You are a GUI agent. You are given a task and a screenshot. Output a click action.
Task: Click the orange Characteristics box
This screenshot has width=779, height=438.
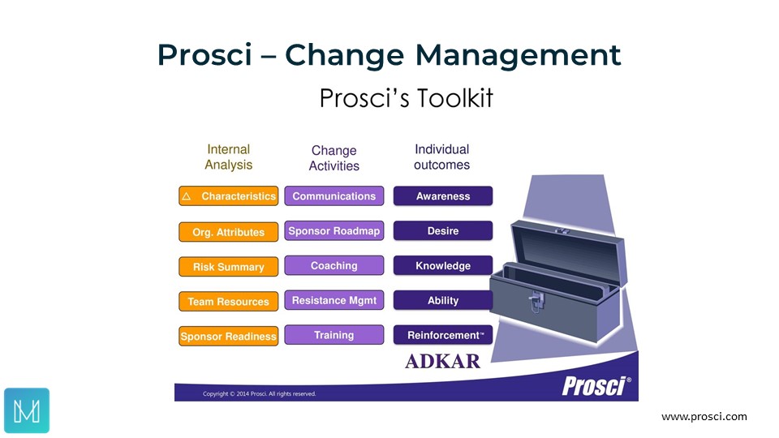[229, 196]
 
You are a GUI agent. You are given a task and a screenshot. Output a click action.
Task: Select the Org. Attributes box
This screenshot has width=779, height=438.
[229, 232]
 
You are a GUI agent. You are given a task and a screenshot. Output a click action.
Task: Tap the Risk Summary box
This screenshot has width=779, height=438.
[229, 267]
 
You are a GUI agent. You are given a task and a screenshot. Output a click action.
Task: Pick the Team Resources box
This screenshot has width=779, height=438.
[229, 302]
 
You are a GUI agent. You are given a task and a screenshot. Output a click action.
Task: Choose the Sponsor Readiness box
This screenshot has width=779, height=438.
[229, 336]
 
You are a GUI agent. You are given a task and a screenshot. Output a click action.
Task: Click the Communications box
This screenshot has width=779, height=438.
[334, 195]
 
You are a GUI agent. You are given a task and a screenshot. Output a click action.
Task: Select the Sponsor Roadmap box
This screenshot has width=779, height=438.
[334, 230]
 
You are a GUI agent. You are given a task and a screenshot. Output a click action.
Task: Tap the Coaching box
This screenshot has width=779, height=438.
[334, 265]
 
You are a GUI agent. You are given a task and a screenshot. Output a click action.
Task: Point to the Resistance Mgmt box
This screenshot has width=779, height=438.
[334, 300]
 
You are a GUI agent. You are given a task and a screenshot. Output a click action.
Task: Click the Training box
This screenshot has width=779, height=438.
[334, 335]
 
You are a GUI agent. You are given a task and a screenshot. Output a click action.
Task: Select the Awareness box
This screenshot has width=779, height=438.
[443, 195]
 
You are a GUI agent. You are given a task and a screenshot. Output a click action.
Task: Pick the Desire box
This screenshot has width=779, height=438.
[443, 230]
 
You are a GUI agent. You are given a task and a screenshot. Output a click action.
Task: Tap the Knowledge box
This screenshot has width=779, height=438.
[443, 265]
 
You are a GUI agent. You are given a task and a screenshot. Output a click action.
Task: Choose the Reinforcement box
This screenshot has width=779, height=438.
[443, 335]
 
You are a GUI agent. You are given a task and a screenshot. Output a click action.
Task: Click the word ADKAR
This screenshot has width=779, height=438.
[443, 361]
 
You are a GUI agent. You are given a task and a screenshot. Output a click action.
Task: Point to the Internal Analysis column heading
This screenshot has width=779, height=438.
[229, 157]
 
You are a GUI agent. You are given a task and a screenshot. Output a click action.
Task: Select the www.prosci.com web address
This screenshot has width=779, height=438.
[704, 417]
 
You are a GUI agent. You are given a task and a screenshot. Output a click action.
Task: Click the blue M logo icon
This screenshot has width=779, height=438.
[27, 410]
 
